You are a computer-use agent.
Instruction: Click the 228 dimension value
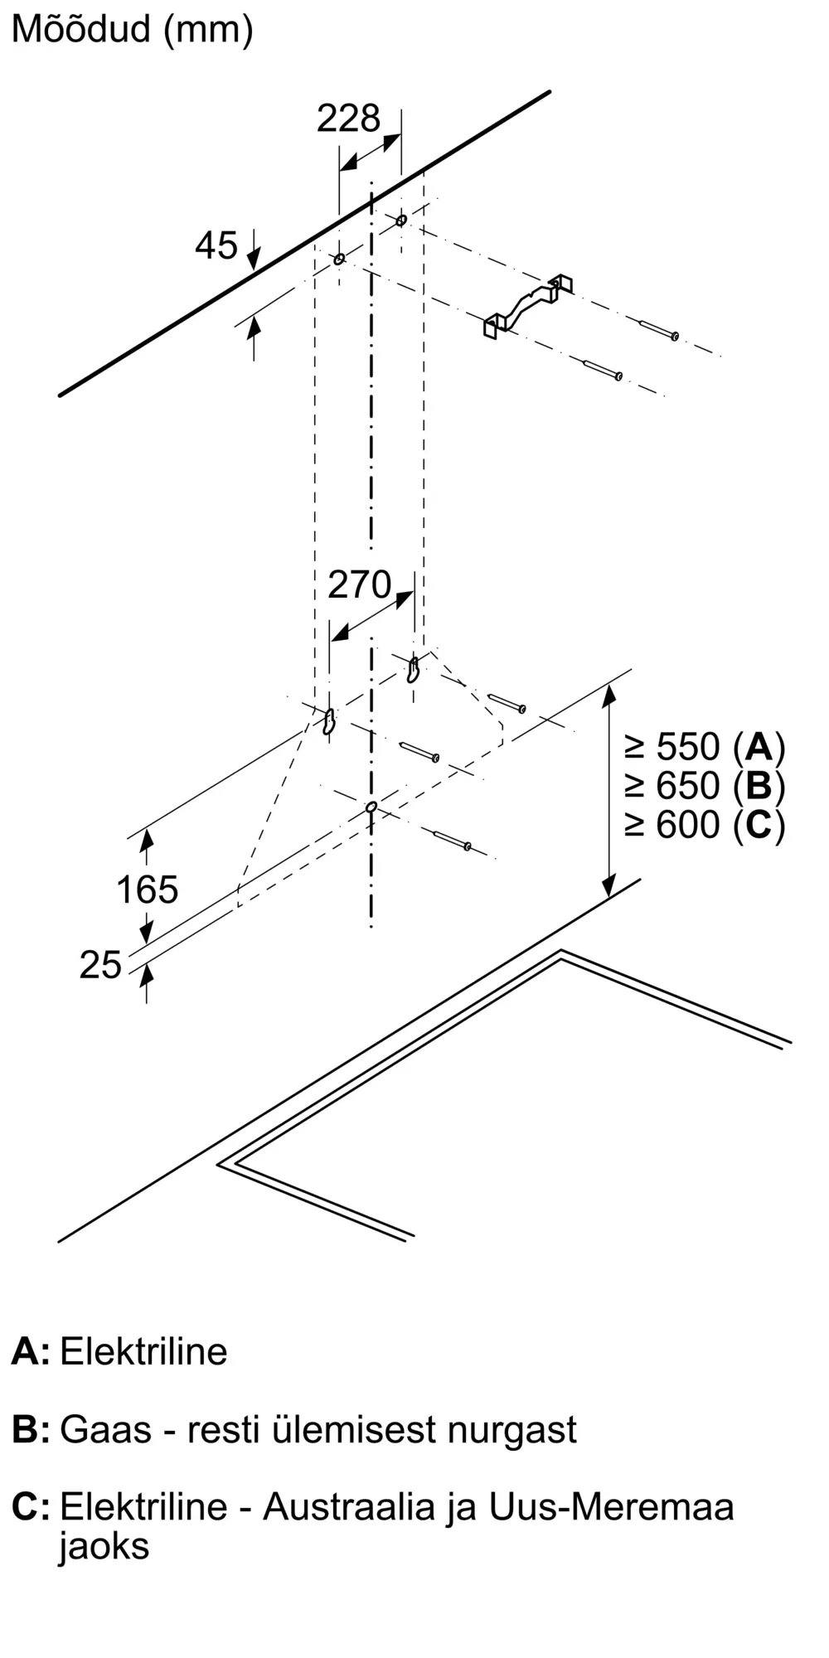tap(348, 119)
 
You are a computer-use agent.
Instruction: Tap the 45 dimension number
tap(216, 245)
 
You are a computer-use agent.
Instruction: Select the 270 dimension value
tap(359, 585)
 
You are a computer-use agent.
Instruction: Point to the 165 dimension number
tap(147, 890)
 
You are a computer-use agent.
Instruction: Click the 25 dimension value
tap(100, 965)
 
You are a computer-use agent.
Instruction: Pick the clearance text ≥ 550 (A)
tap(705, 747)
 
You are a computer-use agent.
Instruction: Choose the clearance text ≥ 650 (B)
tap(705, 786)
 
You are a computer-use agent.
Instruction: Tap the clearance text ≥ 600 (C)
tap(705, 825)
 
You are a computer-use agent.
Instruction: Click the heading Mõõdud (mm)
tap(132, 30)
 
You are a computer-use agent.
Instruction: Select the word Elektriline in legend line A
tap(143, 1352)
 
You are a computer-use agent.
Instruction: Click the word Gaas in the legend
tap(105, 1430)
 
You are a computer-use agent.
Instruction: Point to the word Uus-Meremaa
tap(611, 1506)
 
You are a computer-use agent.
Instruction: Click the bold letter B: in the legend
tap(30, 1430)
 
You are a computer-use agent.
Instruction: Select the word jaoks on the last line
tap(104, 1546)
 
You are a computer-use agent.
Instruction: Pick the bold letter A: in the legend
tap(30, 1352)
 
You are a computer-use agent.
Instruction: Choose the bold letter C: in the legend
tap(30, 1506)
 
